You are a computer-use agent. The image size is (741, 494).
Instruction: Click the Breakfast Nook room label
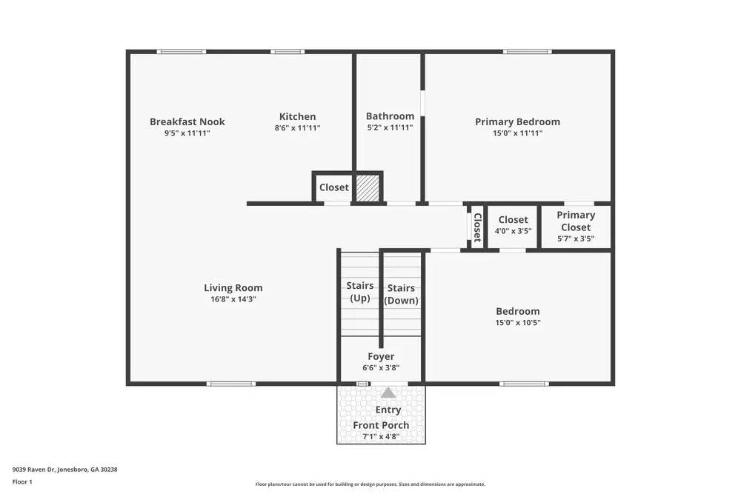point(187,122)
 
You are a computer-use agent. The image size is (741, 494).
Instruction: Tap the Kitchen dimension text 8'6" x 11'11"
point(297,128)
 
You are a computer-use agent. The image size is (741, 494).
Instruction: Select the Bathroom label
point(390,116)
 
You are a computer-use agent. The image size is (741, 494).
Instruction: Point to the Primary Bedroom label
point(517,122)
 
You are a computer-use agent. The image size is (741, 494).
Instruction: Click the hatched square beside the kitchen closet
point(368,187)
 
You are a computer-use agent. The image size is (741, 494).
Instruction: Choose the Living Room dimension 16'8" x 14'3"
point(233,300)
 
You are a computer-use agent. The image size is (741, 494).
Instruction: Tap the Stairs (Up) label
point(360,292)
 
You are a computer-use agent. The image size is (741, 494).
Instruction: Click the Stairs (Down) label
point(401,294)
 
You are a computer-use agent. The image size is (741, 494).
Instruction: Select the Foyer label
point(381,357)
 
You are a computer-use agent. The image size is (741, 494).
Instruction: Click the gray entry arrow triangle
point(388,393)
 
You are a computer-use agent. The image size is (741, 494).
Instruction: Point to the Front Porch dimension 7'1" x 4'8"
point(381,437)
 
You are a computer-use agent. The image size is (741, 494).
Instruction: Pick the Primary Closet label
point(576,221)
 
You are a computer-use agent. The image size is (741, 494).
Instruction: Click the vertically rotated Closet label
point(477,227)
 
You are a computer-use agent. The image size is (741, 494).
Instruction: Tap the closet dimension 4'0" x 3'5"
point(513,231)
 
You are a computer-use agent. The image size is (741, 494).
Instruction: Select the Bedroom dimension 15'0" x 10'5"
point(517,323)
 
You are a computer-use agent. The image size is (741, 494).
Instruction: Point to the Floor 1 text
point(22,481)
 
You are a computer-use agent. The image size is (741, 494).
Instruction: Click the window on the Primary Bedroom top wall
point(527,52)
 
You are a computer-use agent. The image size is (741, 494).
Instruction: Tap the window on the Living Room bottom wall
point(231,384)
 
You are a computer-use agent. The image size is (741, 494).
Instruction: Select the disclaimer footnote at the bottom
point(370,484)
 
